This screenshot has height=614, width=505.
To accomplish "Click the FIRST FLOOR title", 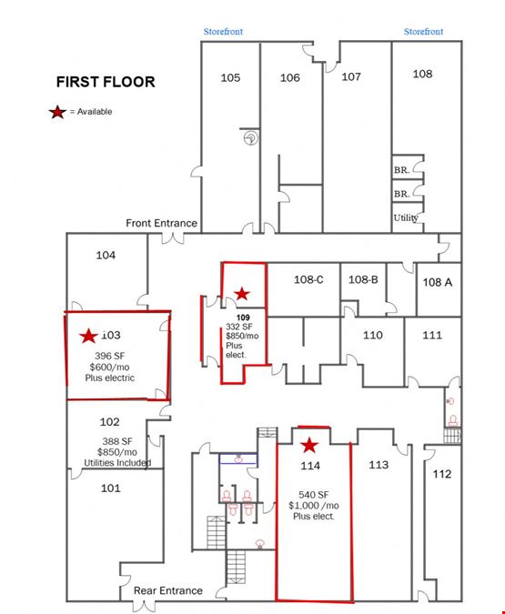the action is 106,82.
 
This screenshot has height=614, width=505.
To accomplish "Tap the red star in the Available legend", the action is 57,112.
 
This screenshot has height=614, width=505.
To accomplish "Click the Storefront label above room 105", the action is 223,32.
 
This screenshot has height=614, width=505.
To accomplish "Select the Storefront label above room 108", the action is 423,32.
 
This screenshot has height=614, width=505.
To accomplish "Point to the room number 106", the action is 290,77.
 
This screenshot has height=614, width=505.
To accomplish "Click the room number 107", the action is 351,76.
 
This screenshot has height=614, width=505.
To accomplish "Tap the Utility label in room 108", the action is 406,217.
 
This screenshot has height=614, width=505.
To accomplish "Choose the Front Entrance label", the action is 161,223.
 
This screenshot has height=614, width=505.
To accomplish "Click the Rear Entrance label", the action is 168,590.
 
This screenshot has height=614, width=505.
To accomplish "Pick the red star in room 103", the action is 88,336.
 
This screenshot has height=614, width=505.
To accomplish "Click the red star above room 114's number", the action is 309,445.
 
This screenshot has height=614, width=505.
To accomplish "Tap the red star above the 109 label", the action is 242,293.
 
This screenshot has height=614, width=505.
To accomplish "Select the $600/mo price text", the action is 110,367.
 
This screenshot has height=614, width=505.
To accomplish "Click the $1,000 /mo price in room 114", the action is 314,506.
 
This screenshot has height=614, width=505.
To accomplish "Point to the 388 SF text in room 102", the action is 117,441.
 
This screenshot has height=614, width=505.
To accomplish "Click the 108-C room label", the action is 308,279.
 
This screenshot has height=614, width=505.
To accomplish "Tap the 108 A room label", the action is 438,282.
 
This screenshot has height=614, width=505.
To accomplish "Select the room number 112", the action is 442,474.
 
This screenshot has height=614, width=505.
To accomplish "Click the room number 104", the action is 106,256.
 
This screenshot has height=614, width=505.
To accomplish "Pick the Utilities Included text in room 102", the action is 117,463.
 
